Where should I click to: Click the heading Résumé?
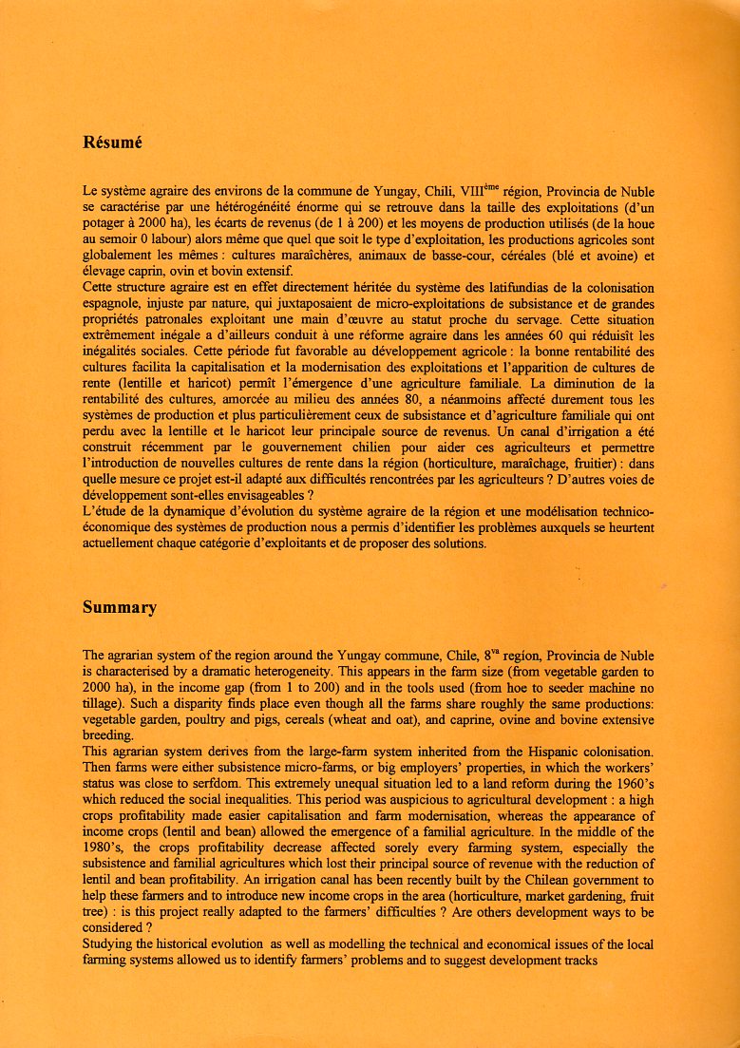pos(112,143)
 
